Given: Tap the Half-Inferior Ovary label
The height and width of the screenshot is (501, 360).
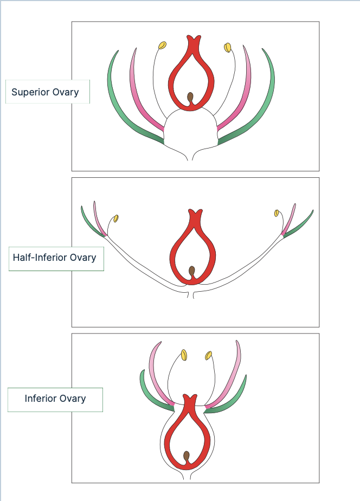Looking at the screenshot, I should coord(55,258).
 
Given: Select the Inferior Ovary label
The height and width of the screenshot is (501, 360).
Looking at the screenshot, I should coord(55,399).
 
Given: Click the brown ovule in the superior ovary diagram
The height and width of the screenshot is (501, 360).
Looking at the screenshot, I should coord(190,97).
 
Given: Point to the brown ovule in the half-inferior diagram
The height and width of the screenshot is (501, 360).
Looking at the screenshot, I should coord(191,270).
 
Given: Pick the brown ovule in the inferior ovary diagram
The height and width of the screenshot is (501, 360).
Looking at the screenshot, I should coord(187,455).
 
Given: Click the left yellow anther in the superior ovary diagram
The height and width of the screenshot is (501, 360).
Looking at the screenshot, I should coord(162,45).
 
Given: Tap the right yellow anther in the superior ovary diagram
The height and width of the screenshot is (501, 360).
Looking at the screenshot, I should coord(228,48).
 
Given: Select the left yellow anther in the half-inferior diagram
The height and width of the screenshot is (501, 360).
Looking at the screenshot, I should coord(116,219).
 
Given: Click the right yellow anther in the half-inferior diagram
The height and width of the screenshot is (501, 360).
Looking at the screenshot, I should coord(277,213).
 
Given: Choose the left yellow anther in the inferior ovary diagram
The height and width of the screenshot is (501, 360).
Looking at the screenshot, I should coord(184,355).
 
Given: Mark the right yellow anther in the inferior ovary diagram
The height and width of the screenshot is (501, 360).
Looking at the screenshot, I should coord(208,356).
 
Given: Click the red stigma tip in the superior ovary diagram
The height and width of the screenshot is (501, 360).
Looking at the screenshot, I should coord(193,41).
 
